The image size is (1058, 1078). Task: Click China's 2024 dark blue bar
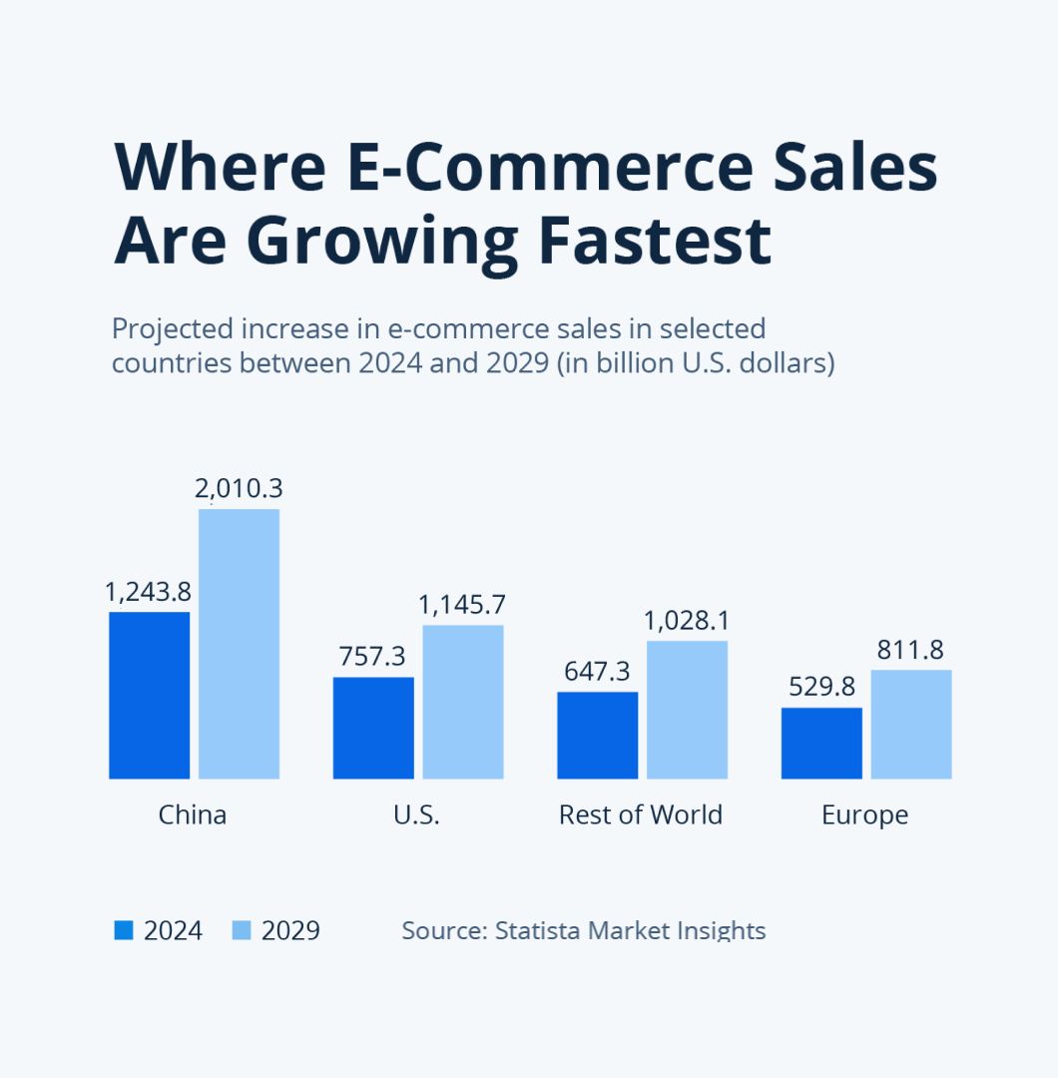point(149,695)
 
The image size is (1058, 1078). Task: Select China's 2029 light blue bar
point(239,644)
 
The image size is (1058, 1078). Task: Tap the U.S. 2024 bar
point(373,728)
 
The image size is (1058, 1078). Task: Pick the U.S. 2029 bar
point(462,702)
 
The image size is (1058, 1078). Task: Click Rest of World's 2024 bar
point(597,735)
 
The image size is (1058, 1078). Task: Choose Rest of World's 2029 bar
point(687,710)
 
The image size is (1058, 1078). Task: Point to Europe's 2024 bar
point(821,743)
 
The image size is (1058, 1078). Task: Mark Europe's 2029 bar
point(911,724)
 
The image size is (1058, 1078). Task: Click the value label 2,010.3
point(239,488)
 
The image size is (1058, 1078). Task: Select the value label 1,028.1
point(687,620)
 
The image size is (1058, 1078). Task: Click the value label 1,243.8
point(148,592)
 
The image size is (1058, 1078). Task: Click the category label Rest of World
point(641,814)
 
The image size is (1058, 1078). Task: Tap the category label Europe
point(864,814)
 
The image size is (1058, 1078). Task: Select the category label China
point(193,814)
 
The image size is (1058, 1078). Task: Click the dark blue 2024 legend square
point(124,930)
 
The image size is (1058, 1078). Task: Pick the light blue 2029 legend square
point(242,930)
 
